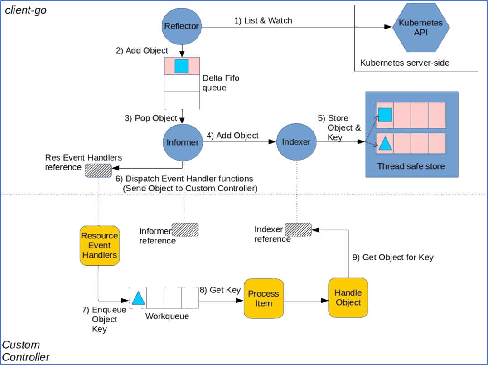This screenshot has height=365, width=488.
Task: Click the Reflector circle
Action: click(181, 26)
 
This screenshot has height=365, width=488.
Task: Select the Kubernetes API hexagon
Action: click(421, 27)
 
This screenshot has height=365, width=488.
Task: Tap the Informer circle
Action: click(183, 142)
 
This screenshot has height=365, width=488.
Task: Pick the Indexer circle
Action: click(296, 142)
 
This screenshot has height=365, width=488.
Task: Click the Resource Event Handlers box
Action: click(100, 245)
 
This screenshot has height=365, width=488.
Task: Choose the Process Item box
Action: click(264, 298)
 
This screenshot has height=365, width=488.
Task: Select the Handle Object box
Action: click(348, 298)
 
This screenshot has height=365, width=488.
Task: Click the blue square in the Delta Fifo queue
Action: click(182, 66)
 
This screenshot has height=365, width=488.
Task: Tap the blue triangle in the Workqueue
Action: click(138, 298)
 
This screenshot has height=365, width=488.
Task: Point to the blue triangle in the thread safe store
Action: click(385, 144)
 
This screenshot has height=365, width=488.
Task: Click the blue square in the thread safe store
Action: click(385, 115)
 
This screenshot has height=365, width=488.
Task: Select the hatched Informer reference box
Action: click(185, 230)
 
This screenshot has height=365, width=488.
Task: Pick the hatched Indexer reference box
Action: click(299, 230)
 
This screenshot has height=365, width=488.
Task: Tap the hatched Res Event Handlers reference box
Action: click(98, 170)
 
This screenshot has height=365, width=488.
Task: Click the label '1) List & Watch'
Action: click(263, 20)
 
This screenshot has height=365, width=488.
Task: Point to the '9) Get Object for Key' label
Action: click(393, 257)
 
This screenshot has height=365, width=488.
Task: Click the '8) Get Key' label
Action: click(220, 290)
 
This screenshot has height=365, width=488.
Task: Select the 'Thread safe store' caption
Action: click(411, 166)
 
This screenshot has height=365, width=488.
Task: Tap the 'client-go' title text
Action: click(26, 10)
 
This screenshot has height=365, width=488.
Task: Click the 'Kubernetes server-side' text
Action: click(405, 63)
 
